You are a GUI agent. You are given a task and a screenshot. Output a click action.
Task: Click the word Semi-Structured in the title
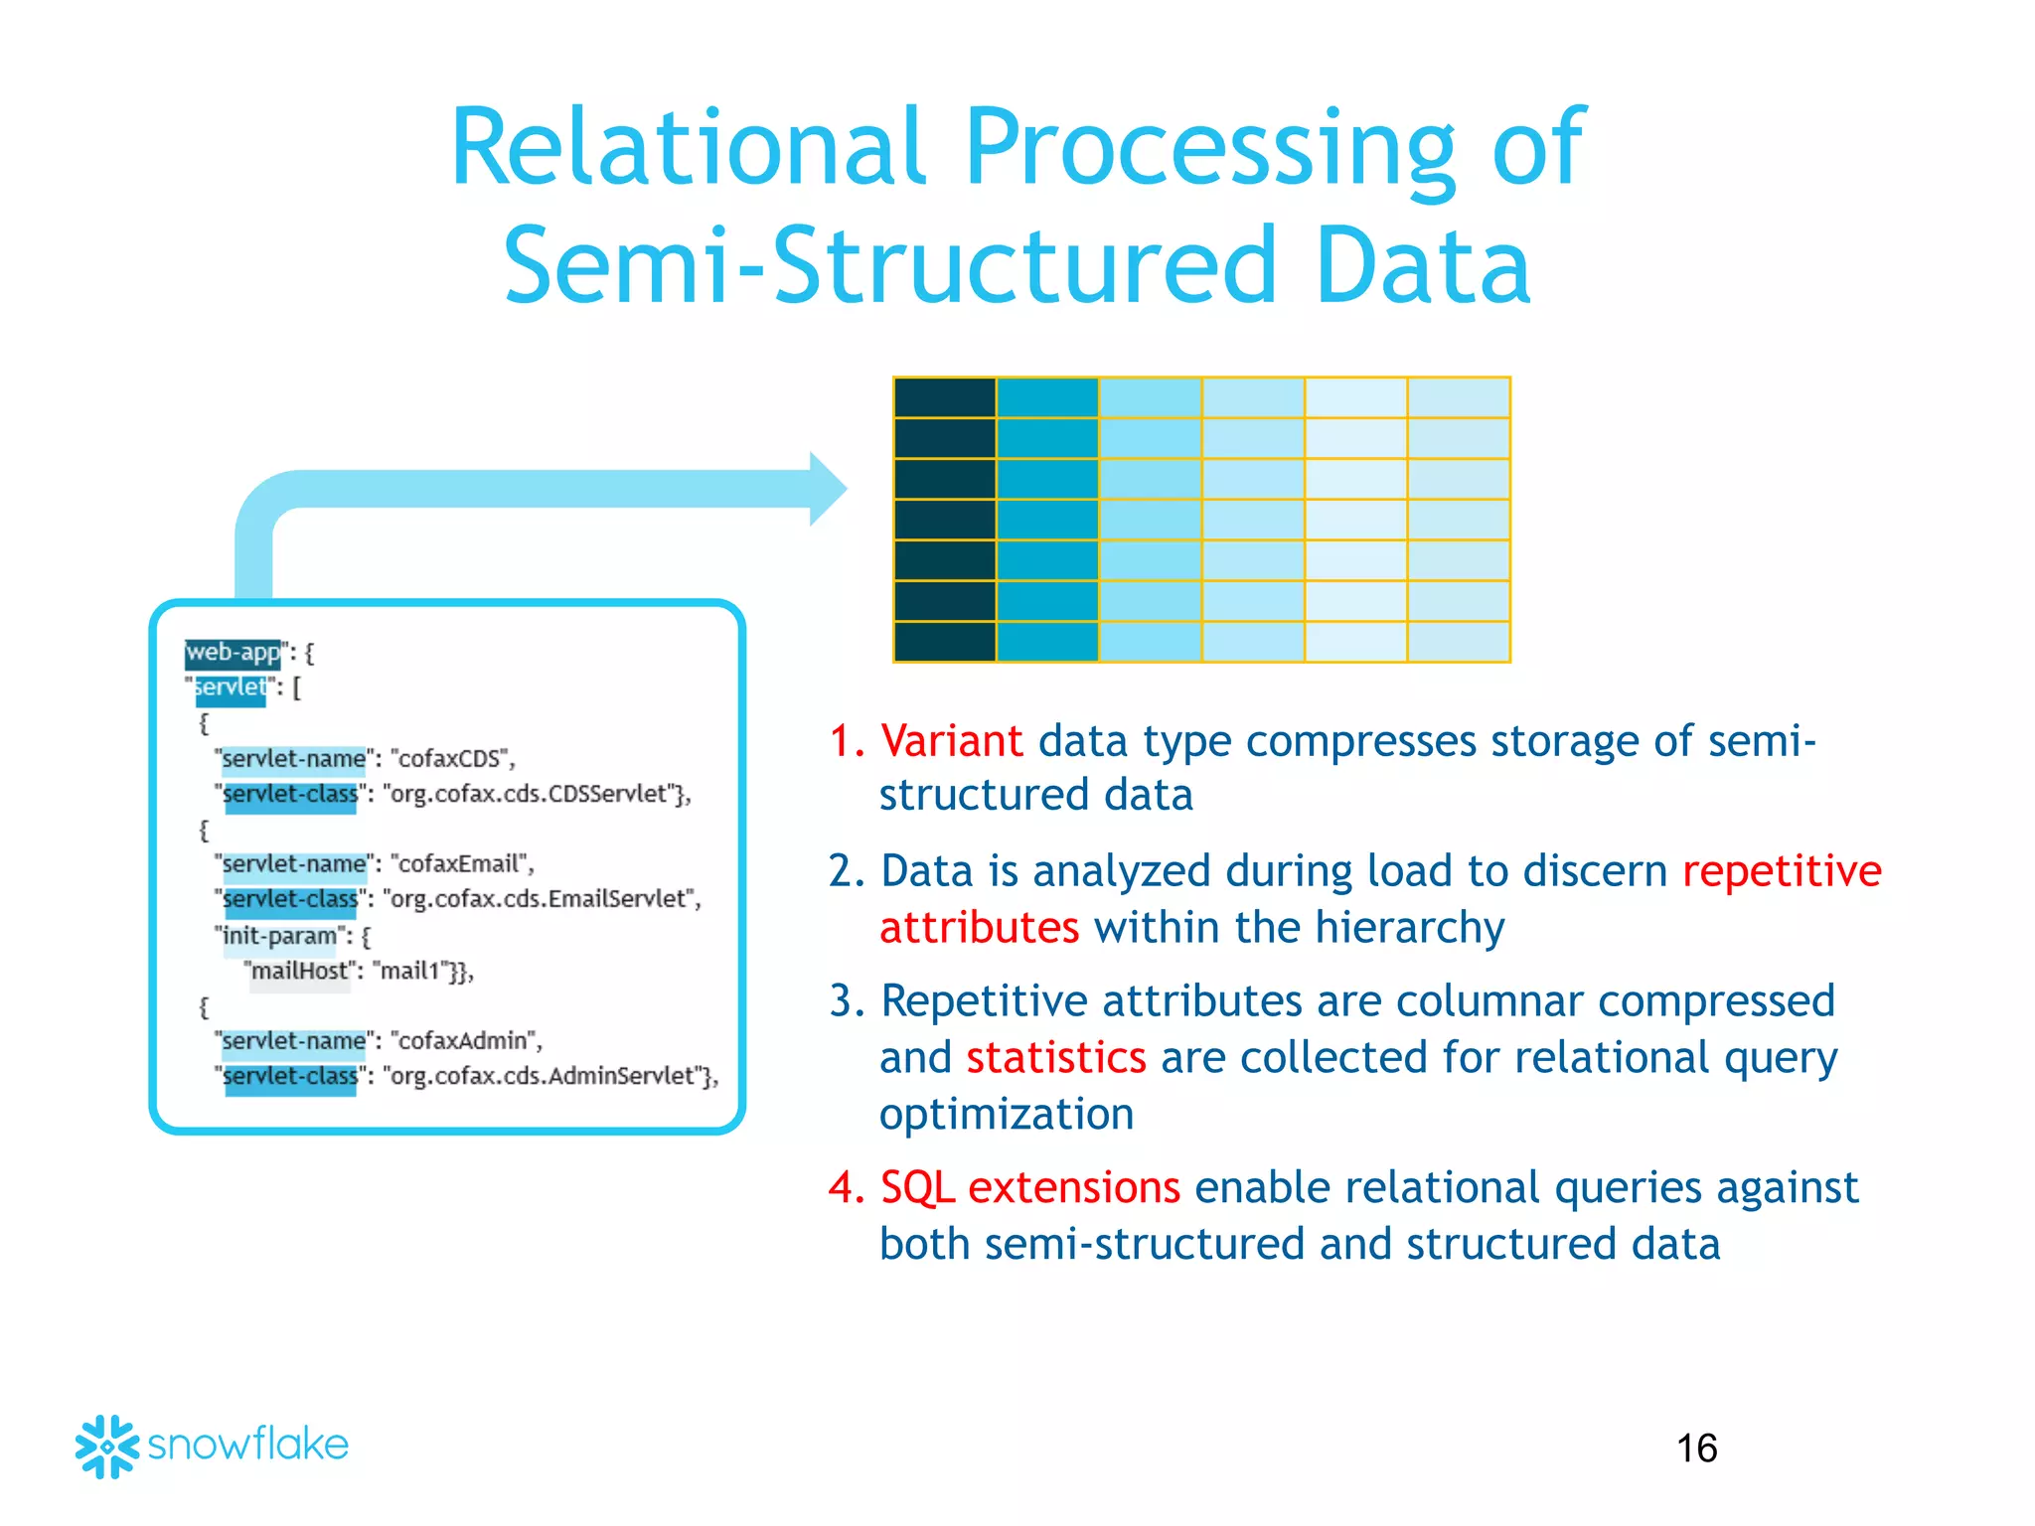click(889, 266)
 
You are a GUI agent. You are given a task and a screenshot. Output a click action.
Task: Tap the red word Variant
click(951, 741)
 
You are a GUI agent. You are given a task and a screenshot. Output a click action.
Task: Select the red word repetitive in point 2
click(1782, 871)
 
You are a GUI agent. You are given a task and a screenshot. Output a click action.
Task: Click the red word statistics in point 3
click(1055, 1057)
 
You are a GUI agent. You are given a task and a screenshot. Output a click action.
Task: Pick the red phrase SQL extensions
click(1029, 1187)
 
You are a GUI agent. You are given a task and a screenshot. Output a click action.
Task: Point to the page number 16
click(1696, 1449)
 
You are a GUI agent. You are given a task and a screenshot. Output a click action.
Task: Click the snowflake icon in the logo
click(106, 1447)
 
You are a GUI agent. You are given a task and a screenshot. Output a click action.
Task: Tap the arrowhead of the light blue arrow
click(829, 489)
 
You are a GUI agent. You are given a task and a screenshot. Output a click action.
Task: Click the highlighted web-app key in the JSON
click(234, 653)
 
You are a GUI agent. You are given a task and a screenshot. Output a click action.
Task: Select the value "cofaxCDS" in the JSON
click(452, 759)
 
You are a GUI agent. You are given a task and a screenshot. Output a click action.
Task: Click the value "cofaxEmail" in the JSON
click(461, 864)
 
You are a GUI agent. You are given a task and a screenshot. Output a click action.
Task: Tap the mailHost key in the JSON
click(298, 972)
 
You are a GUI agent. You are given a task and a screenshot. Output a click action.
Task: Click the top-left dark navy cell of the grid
click(944, 397)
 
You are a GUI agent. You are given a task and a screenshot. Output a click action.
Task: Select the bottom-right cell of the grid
click(1459, 642)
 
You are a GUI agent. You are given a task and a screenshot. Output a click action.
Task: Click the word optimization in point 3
click(1006, 1115)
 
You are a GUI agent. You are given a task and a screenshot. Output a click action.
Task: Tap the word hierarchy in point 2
click(1409, 928)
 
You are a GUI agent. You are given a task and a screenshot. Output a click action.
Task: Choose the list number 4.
click(846, 1188)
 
